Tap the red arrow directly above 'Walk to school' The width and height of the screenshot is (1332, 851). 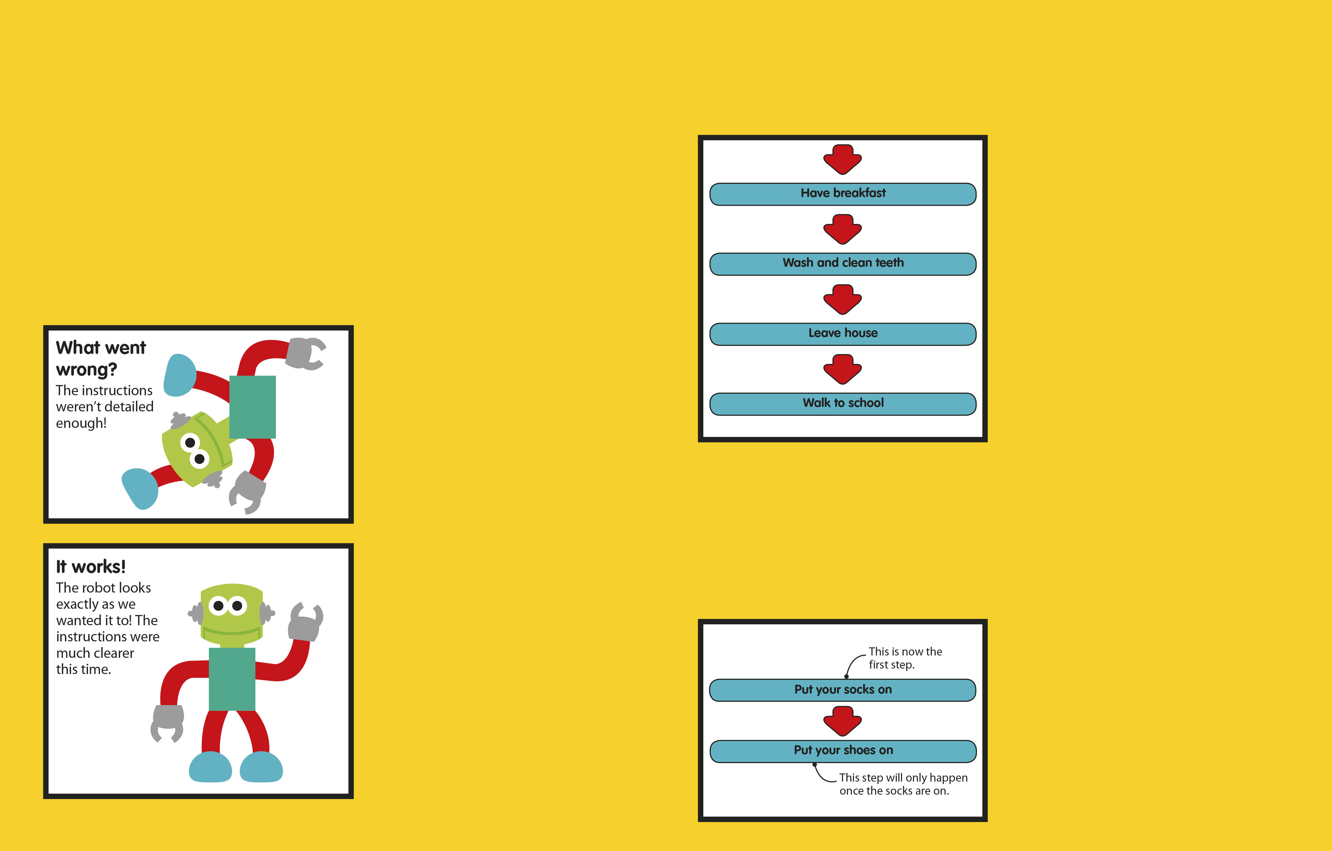(842, 369)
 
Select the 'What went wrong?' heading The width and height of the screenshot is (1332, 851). (101, 358)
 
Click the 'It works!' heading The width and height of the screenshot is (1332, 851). (91, 567)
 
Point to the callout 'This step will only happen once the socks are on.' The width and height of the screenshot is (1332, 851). (903, 784)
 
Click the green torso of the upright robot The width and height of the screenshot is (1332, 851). (232, 679)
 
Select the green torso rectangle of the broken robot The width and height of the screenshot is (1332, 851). (252, 407)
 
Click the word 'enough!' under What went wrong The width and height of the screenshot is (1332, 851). (81, 424)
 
